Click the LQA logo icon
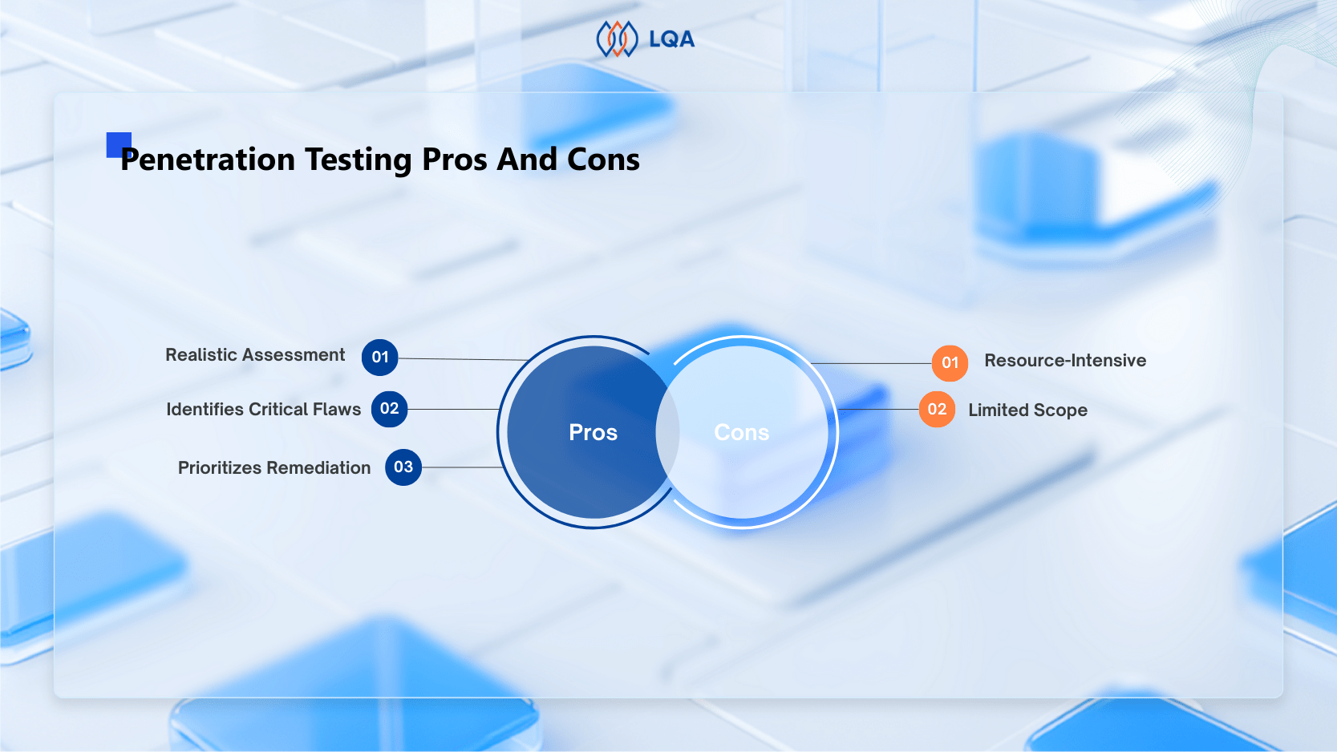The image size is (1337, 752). click(x=617, y=38)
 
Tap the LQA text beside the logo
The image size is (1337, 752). click(x=671, y=39)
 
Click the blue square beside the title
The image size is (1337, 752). click(x=117, y=144)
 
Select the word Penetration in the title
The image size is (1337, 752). click(x=208, y=160)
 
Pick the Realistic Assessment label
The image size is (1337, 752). click(x=255, y=355)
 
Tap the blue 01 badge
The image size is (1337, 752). click(x=380, y=358)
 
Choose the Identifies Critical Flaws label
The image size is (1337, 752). click(x=263, y=410)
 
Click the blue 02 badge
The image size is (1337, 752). click(x=390, y=409)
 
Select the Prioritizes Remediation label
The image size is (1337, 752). click(x=274, y=468)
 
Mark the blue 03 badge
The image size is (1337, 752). click(x=403, y=467)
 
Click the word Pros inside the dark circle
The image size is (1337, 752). click(x=593, y=433)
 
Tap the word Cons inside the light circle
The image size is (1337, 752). click(x=742, y=433)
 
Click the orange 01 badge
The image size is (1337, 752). click(x=950, y=363)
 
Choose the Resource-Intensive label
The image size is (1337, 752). click(x=1065, y=361)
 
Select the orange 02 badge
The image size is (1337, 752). click(x=937, y=410)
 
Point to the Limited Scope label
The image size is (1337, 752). click(x=1027, y=410)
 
